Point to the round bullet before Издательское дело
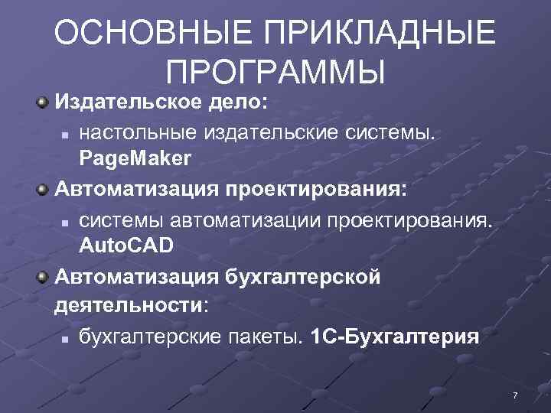coord(45,101)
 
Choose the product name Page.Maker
coord(135,159)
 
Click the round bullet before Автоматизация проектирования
coord(45,188)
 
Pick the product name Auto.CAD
coord(127,246)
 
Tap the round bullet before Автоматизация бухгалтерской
coord(45,275)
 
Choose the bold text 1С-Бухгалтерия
coord(396,337)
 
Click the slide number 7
coord(515,395)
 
